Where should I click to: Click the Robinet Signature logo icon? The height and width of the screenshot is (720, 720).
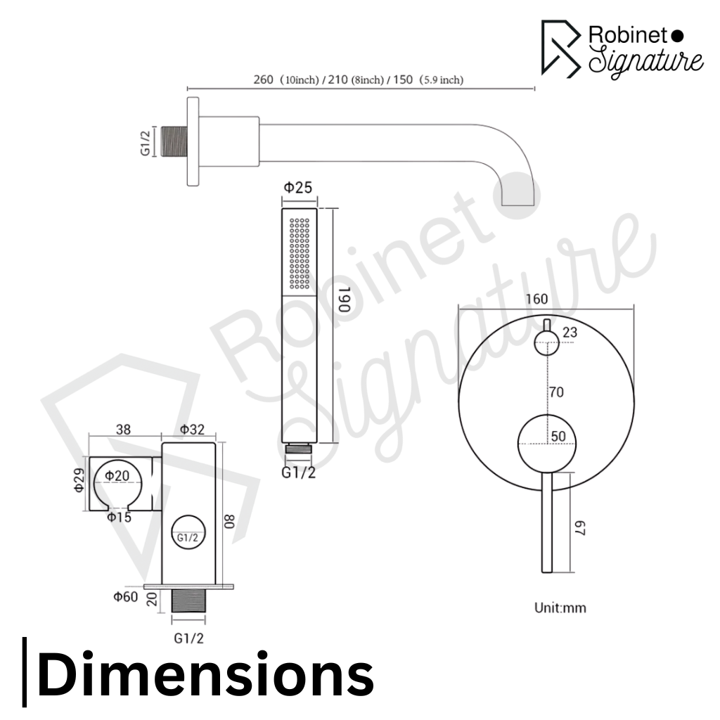[x=560, y=47]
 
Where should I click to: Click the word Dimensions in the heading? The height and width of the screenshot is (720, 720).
[x=205, y=674]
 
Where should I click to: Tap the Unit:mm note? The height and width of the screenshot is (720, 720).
[x=559, y=607]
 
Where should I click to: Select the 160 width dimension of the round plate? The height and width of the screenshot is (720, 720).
[x=536, y=298]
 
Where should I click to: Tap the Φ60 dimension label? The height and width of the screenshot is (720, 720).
[x=126, y=597]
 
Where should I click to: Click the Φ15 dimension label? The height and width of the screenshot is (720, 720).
[x=120, y=517]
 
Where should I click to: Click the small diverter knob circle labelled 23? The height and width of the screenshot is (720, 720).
[x=546, y=342]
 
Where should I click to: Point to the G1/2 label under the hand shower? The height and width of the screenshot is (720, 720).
[x=299, y=472]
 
